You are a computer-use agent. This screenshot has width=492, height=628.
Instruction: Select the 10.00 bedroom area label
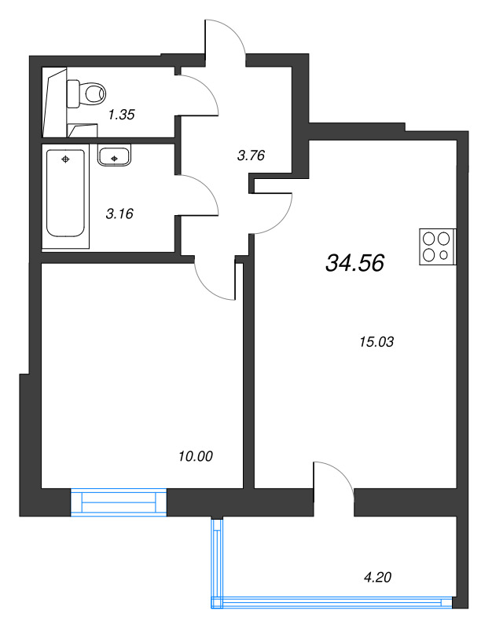(196, 456)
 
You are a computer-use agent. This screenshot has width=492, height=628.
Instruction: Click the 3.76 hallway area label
(250, 155)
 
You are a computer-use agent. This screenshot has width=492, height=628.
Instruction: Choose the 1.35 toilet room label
(122, 115)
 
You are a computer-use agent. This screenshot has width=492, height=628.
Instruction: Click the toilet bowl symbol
(89, 93)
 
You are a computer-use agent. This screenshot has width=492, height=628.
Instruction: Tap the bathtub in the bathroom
(65, 192)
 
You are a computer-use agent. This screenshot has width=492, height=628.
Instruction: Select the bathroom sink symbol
(115, 156)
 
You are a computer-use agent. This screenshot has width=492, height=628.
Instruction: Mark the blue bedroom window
(119, 501)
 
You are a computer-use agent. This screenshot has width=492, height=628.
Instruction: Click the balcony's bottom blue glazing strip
(334, 603)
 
